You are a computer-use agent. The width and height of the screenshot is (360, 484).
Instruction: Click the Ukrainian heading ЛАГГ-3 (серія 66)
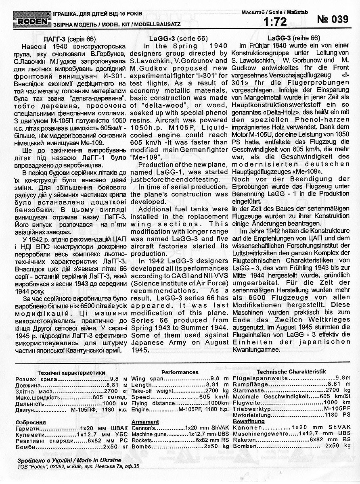pyautogui.click(x=69, y=39)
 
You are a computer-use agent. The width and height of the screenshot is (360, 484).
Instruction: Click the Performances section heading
pyautogui.click(x=180, y=372)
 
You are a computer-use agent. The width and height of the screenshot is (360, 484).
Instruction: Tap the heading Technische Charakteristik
pyautogui.click(x=292, y=371)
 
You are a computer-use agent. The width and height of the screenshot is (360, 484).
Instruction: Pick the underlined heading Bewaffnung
pyautogui.click(x=249, y=421)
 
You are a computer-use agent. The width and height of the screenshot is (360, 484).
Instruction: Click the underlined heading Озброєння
pyautogui.click(x=29, y=422)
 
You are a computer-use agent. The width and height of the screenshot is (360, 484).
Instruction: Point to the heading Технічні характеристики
pyautogui.click(x=65, y=373)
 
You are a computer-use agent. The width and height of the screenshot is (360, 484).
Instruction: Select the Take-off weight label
pyautogui.click(x=152, y=391)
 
